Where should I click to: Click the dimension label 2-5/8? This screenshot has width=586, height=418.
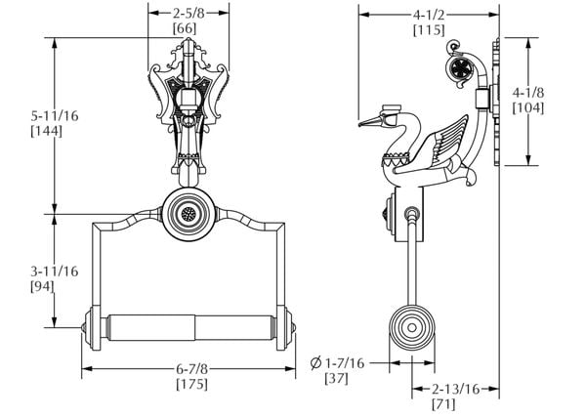188,14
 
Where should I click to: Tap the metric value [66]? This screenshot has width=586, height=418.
188,29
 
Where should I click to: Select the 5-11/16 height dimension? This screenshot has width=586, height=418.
28,114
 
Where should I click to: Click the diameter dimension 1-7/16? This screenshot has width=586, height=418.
346,362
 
